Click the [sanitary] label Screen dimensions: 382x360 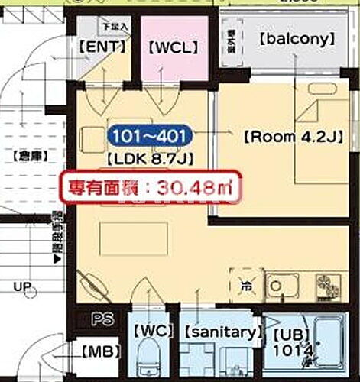(x=218, y=332)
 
